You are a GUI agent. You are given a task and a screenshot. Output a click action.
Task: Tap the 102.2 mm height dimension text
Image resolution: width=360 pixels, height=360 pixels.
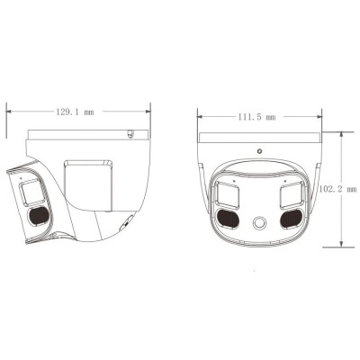[347, 190]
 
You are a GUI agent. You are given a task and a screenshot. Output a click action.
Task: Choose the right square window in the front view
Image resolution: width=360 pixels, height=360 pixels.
[293, 193]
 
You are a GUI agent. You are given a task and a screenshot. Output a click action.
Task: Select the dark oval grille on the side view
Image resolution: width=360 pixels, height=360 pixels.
[37, 215]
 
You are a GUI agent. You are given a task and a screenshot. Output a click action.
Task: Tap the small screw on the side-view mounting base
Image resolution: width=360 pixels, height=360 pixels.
[131, 136]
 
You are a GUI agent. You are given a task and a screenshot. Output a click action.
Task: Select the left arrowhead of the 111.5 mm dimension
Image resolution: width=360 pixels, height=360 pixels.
[199, 116]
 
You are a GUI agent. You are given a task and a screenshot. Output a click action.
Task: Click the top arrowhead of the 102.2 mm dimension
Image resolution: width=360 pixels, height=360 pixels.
[341, 133]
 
